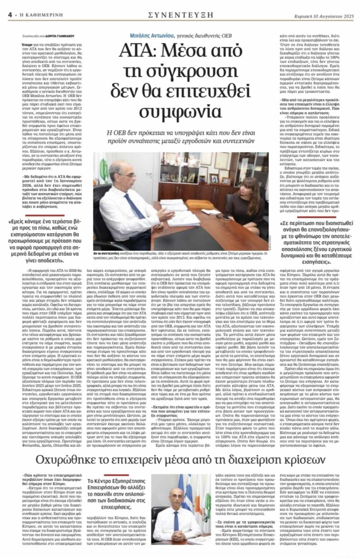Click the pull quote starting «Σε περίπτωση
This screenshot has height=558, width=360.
315,236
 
